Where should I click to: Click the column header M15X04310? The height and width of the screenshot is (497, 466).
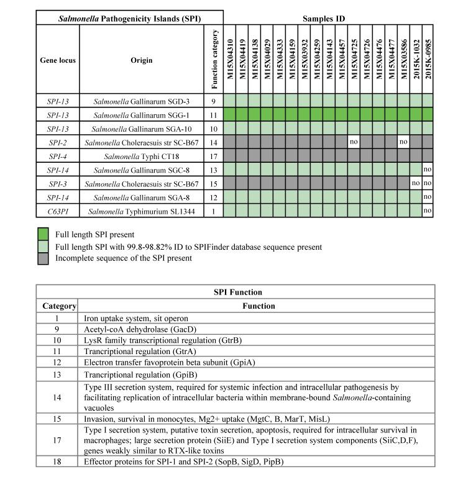click(x=229, y=60)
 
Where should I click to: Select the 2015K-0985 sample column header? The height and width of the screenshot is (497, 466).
click(x=427, y=60)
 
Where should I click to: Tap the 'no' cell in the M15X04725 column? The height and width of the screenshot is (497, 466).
click(x=354, y=142)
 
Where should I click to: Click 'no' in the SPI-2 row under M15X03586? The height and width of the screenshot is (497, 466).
click(x=403, y=142)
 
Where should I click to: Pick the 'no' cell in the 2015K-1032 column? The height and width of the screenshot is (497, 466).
click(x=415, y=183)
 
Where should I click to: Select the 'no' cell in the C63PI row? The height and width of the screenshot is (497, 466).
click(x=427, y=211)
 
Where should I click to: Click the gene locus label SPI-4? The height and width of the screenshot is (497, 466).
click(x=57, y=155)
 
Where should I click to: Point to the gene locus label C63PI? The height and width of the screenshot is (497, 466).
click(x=57, y=211)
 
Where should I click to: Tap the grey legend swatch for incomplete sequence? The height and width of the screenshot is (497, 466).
click(x=43, y=258)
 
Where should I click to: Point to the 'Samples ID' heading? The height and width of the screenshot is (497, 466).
click(x=328, y=19)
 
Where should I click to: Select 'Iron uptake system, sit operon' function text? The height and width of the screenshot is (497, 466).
click(x=135, y=318)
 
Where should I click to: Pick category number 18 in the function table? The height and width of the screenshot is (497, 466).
click(x=57, y=461)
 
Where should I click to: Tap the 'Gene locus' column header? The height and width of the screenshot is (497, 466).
click(x=57, y=60)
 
